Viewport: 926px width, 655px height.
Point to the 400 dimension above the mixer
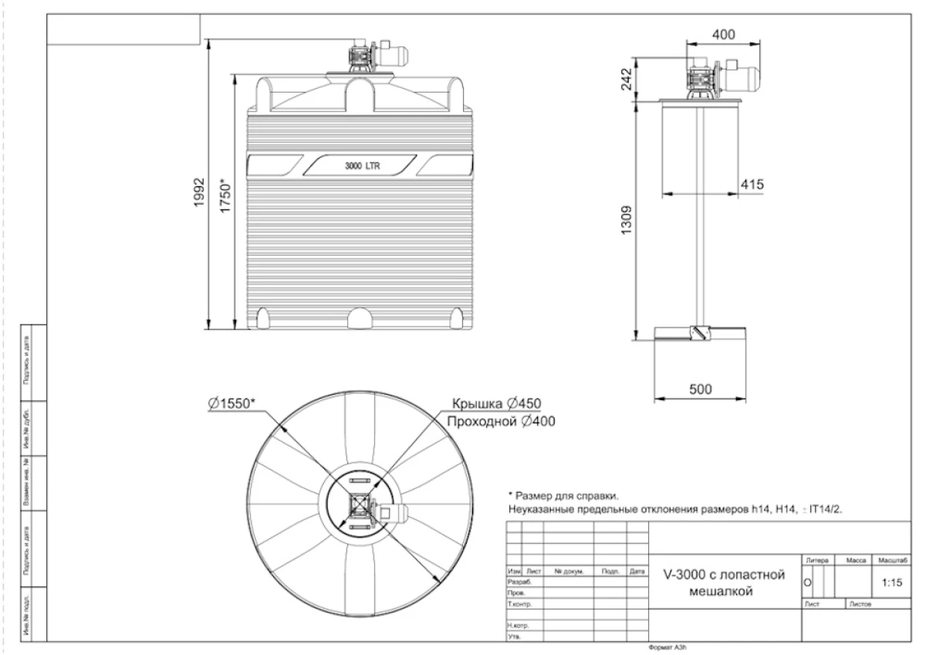[723, 35]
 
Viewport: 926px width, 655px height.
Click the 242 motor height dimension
[627, 79]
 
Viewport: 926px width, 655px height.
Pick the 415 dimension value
[751, 185]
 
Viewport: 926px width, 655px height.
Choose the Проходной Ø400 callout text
[500, 421]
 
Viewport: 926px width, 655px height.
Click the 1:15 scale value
[891, 584]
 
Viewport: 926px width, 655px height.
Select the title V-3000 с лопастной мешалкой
[725, 583]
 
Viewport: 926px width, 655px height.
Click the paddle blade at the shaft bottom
[700, 331]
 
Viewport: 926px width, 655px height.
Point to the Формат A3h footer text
[667, 648]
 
